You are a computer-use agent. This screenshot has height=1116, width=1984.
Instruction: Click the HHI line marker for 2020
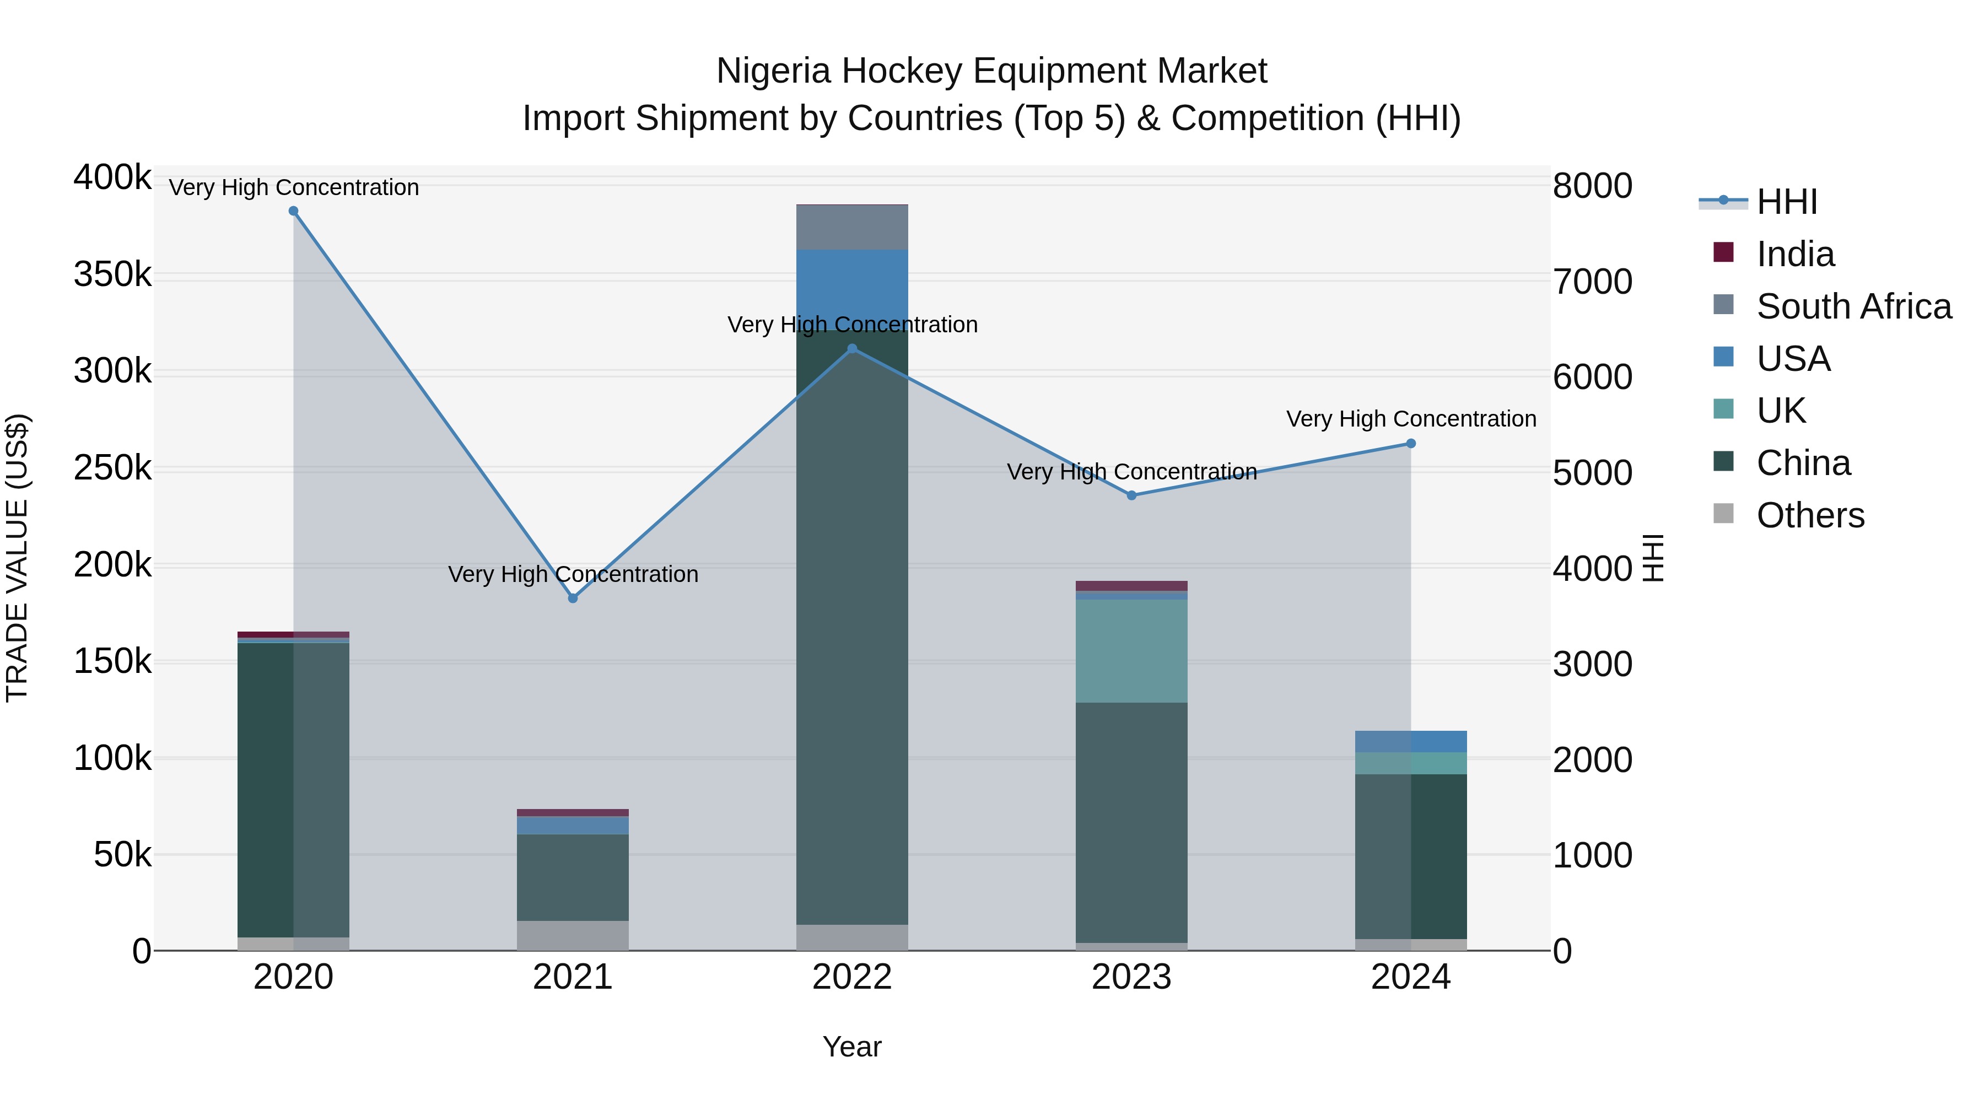(x=293, y=211)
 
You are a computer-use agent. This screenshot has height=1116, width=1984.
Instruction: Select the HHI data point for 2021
(x=573, y=599)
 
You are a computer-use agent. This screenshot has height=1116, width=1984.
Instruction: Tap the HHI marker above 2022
(x=852, y=349)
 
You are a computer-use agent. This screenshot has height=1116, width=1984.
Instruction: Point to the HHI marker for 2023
(x=1131, y=495)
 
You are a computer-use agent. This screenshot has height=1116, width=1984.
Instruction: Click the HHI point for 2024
(x=1411, y=444)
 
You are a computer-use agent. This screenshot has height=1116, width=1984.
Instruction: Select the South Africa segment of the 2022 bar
(x=852, y=227)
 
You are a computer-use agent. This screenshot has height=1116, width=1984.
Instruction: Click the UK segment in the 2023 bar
(x=1131, y=651)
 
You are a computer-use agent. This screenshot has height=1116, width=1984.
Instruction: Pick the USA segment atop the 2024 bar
(x=1411, y=741)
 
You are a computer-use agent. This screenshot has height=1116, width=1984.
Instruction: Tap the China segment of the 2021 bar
(x=573, y=877)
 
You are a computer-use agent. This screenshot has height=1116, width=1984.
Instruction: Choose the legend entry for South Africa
(x=1854, y=306)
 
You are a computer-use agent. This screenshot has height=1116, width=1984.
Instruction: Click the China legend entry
(x=1803, y=463)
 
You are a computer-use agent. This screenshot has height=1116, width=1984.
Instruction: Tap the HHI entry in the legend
(x=1787, y=202)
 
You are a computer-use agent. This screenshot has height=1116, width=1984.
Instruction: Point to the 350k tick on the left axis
(x=112, y=275)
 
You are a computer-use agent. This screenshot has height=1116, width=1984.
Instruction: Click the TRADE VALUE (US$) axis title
(x=17, y=558)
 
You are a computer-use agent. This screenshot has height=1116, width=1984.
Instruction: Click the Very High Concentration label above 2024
(x=1411, y=419)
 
